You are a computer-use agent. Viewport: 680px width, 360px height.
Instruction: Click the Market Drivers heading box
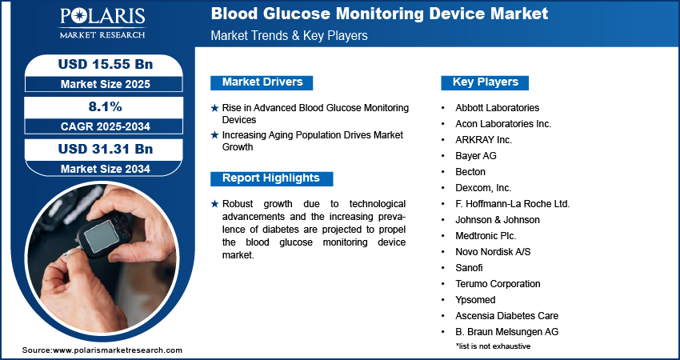point(262,82)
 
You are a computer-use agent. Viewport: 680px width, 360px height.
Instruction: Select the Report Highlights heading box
point(271,178)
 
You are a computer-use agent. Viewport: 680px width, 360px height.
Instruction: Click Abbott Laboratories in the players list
point(497,108)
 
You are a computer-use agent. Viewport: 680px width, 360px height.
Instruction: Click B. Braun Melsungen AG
point(506,332)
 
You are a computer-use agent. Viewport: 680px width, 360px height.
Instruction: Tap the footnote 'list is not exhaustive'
point(493,346)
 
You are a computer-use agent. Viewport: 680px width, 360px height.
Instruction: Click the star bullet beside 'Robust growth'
point(214,204)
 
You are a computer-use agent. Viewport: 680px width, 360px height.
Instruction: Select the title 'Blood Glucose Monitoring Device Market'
point(379,14)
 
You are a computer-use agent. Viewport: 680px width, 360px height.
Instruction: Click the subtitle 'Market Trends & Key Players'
point(289,36)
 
